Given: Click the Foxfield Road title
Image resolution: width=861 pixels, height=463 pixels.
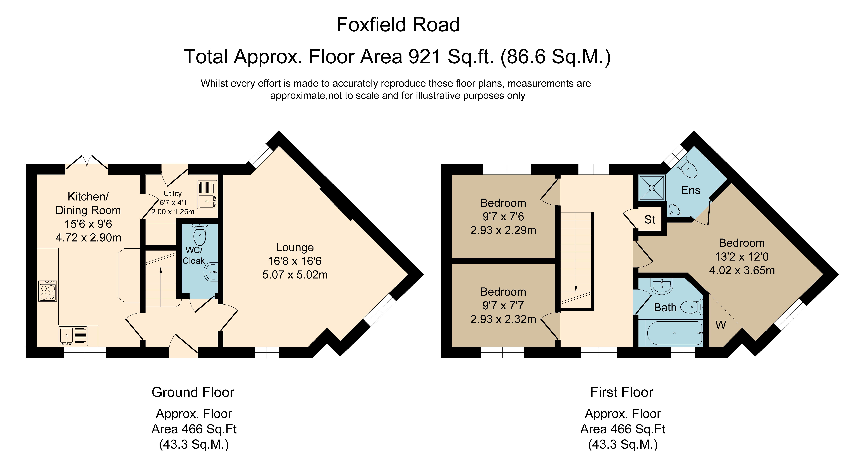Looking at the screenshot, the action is [398, 25].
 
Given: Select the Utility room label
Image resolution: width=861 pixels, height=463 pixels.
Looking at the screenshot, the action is [173, 193].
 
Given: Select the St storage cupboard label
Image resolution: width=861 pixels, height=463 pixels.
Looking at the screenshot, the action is [650, 220].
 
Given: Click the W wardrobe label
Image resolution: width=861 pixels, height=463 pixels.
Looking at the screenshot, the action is [721, 325].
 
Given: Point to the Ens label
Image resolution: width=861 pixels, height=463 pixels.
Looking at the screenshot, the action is [691, 190].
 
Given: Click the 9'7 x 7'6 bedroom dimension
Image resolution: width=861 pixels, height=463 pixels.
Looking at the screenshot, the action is [503, 216].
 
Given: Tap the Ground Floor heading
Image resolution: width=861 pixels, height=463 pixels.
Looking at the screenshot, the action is [193, 392].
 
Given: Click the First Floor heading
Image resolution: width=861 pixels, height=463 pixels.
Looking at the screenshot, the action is [622, 392].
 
